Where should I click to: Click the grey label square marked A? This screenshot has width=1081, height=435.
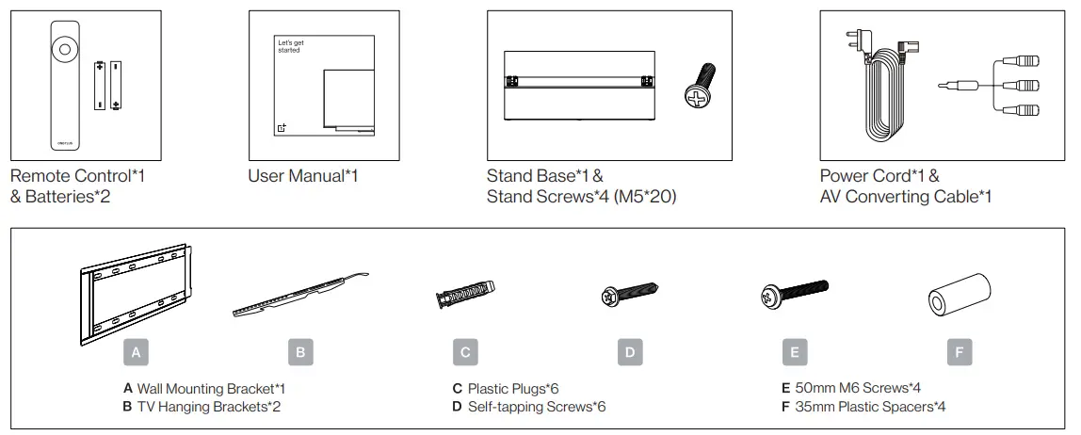point(137,353)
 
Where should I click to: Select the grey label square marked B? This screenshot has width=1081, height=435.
point(300,353)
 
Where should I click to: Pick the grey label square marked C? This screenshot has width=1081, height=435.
point(465,353)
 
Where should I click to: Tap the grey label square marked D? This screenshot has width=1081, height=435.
point(630,353)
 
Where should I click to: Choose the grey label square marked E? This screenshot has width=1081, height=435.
point(795,353)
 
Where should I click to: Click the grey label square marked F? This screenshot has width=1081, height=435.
point(960,353)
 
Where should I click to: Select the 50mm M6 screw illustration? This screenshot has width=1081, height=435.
point(794,295)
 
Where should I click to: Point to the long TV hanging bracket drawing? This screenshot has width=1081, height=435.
point(299,295)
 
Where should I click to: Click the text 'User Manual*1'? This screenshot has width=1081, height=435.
point(303,176)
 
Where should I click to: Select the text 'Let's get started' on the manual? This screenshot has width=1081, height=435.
point(288,46)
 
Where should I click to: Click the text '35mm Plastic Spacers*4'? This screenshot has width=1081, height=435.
point(863,407)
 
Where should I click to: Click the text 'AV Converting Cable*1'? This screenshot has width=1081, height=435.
point(905,197)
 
